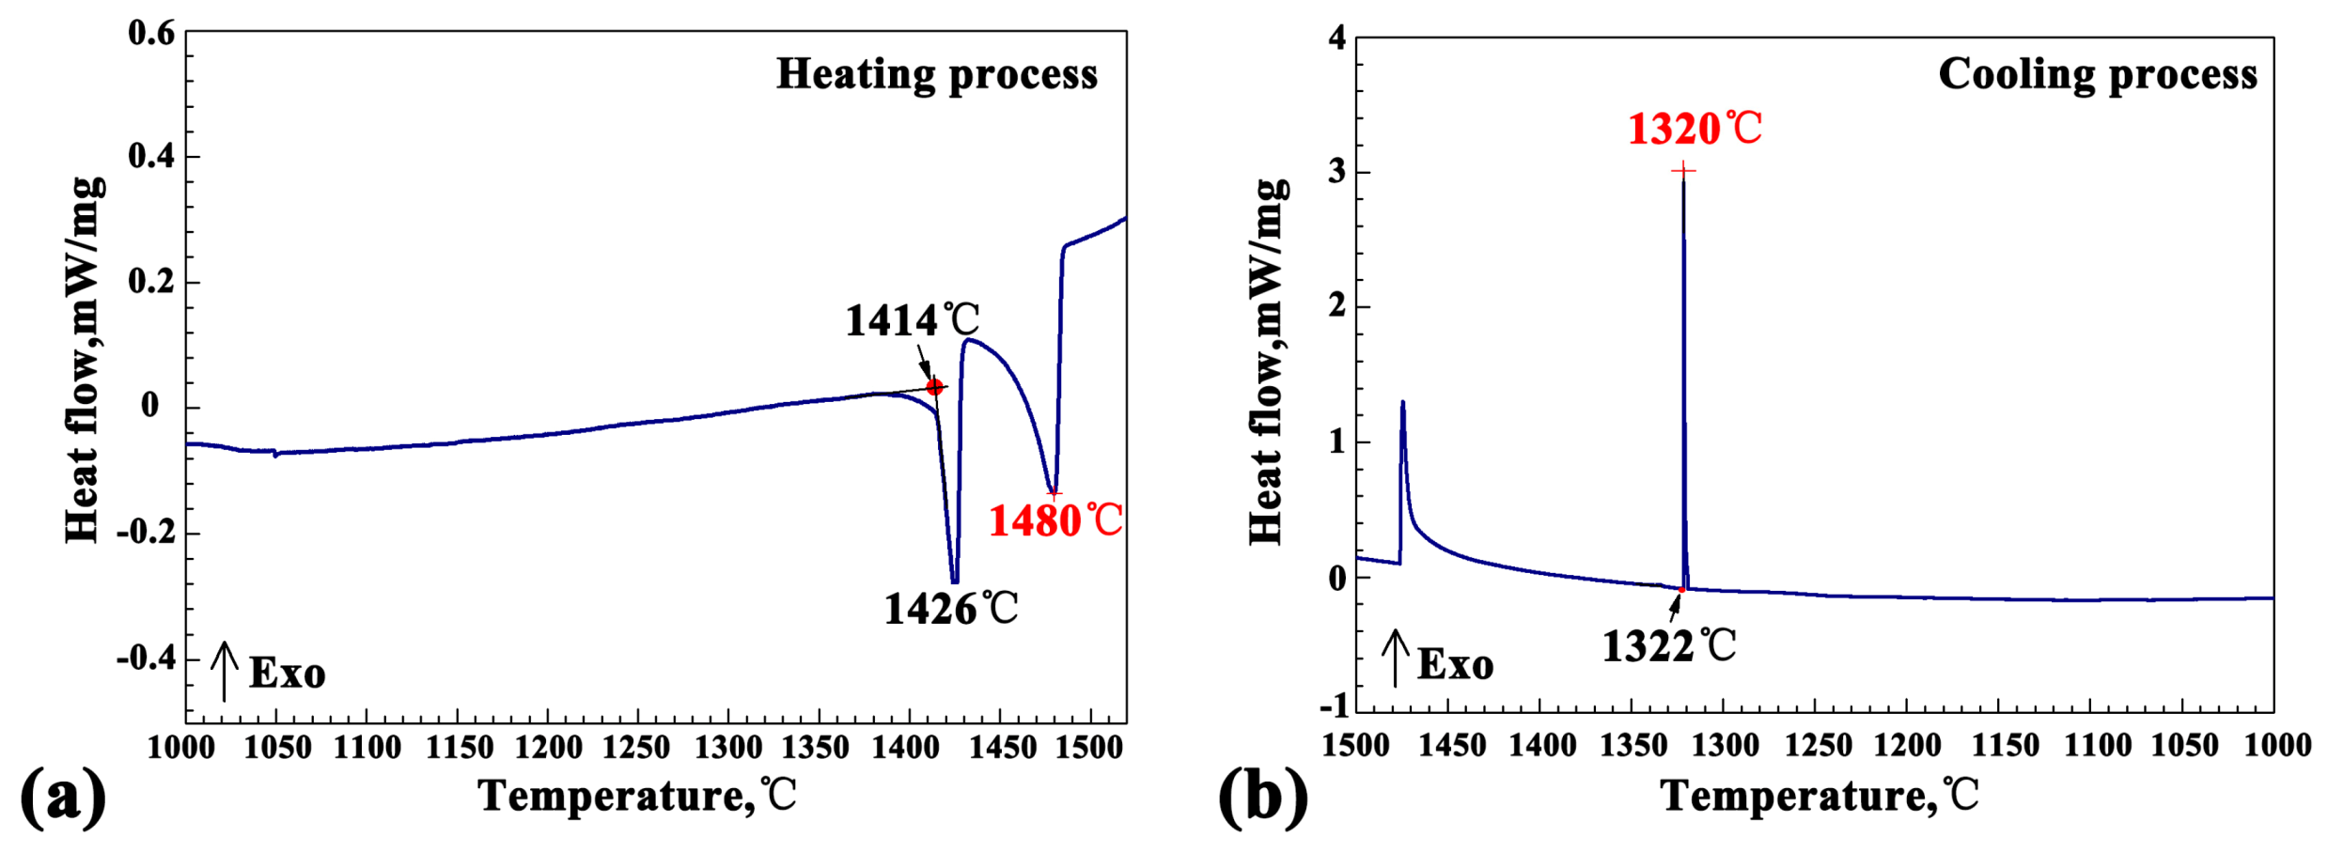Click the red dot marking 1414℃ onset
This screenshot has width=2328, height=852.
click(x=934, y=387)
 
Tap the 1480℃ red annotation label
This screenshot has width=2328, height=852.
click(x=1055, y=521)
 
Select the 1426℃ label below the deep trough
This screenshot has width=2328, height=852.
click(x=950, y=610)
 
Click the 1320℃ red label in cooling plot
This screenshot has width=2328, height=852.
click(x=1695, y=129)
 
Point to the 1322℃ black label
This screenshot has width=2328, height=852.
click(x=1668, y=647)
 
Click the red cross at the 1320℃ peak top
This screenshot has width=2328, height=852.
click(x=1683, y=171)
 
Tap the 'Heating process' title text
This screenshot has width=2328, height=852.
click(x=936, y=74)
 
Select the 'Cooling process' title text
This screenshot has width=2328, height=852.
click(x=2097, y=74)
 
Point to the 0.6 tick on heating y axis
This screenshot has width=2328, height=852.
click(x=151, y=34)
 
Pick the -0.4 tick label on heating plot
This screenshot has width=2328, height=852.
click(x=146, y=658)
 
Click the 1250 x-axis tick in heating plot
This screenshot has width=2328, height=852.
click(x=636, y=748)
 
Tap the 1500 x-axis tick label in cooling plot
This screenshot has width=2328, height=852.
click(x=1354, y=746)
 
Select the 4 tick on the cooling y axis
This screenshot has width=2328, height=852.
click(x=1336, y=39)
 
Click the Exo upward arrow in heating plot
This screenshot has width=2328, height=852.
click(x=224, y=671)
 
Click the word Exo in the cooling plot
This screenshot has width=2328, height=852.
click(x=1455, y=665)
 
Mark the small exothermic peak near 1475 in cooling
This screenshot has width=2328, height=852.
click(x=1402, y=404)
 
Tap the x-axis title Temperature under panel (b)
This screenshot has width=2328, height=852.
click(x=1819, y=797)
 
